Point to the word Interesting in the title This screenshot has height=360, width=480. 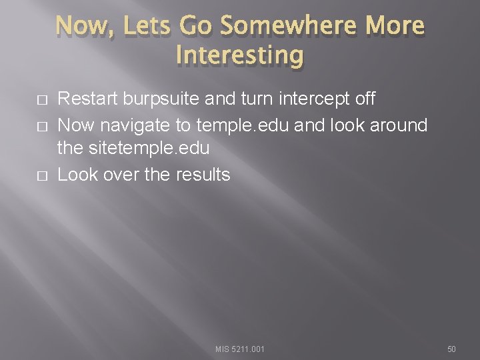[240, 54]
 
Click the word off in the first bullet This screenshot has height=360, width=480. [364, 99]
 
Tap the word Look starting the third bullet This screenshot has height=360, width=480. [75, 175]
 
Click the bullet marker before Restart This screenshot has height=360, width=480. [42, 100]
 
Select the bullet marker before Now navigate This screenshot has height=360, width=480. [42, 125]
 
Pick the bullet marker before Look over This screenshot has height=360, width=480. [42, 175]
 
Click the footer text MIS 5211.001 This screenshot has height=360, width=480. [240, 349]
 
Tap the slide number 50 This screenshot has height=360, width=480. [451, 349]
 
